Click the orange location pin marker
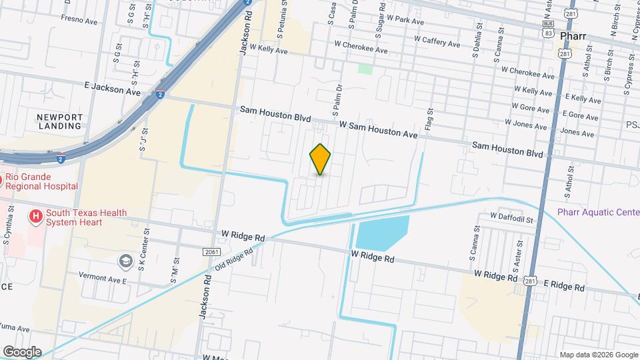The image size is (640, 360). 321,159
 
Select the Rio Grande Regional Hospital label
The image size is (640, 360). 41,182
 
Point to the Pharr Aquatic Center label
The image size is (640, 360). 598,213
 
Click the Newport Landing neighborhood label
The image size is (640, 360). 59,121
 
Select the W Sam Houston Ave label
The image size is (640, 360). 377,130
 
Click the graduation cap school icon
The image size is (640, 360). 125,261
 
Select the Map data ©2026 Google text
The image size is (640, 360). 598,355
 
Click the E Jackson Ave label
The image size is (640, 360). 112,89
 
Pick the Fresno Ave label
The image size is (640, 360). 79,20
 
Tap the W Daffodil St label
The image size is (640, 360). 511,218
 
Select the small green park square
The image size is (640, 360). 365,68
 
